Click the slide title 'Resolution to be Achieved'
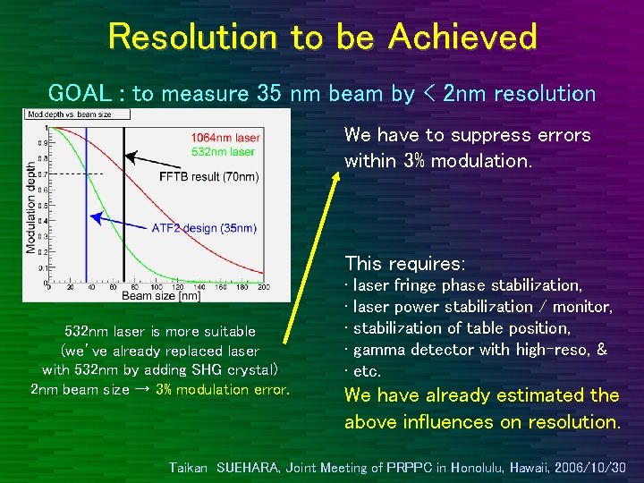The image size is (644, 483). tap(322, 38)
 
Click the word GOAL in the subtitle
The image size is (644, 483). tap(76, 93)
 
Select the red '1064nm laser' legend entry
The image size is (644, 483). tap(225, 137)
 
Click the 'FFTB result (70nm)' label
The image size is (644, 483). tap(208, 177)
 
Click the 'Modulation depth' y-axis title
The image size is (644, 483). tap(32, 207)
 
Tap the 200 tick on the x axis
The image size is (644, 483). tap(263, 285)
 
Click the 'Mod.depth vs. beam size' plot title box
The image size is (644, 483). tap(78, 114)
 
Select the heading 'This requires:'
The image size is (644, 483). tap(404, 264)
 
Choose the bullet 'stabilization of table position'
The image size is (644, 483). tap(457, 328)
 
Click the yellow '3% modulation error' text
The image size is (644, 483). tap(222, 390)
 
